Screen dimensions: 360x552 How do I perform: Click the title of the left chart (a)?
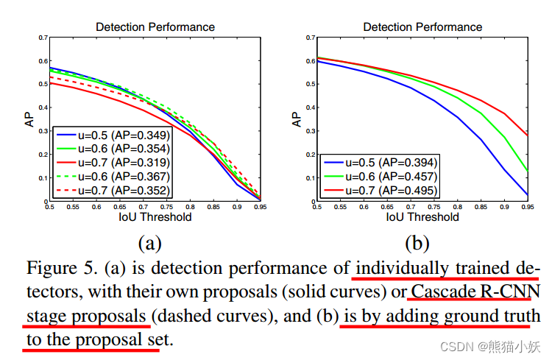(155, 27)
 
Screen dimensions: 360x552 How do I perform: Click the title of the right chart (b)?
(422, 27)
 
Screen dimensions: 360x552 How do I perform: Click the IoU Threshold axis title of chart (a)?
(155, 217)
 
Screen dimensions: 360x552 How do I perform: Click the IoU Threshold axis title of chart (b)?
(422, 217)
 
